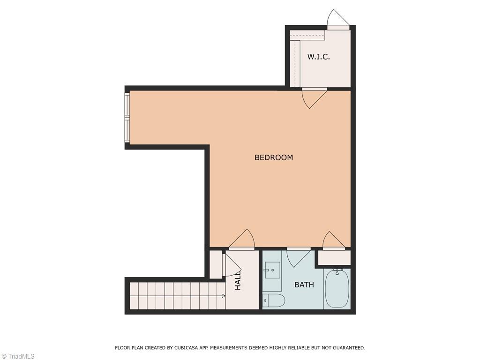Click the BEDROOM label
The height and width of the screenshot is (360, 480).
273,157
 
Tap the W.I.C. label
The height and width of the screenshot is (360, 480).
318,57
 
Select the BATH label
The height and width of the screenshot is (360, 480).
304,285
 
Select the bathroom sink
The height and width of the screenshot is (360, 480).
272,270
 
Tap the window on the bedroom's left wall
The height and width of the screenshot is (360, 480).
127,118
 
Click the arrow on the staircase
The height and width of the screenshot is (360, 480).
223,296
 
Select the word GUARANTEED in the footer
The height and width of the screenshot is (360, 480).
347,348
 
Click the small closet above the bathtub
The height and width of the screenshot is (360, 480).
334,257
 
